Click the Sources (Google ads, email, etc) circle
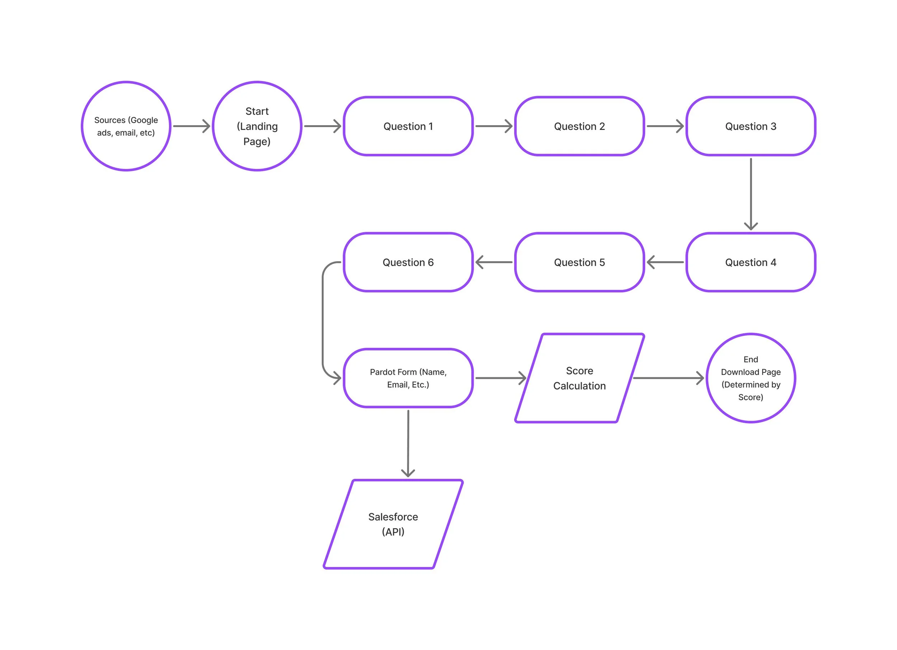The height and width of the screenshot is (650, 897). pyautogui.click(x=126, y=126)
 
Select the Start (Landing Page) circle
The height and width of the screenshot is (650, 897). pyautogui.click(x=257, y=126)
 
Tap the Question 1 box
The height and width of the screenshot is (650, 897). pyautogui.click(x=408, y=126)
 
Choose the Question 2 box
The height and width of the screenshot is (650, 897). pyautogui.click(x=579, y=126)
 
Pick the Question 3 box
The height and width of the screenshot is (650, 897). pyautogui.click(x=751, y=126)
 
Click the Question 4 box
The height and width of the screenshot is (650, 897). pyautogui.click(x=751, y=262)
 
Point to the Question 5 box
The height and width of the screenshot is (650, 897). pyautogui.click(x=579, y=262)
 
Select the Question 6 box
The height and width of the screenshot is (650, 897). pyautogui.click(x=408, y=262)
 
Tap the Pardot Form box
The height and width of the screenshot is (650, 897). pyautogui.click(x=408, y=378)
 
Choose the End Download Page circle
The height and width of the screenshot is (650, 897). pyautogui.click(x=751, y=378)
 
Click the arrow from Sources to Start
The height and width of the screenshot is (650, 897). pyautogui.click(x=192, y=126)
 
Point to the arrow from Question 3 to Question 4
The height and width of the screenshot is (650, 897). pyautogui.click(x=751, y=194)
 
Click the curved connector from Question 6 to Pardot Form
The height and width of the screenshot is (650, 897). pyautogui.click(x=323, y=320)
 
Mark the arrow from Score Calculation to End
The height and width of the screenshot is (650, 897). pyautogui.click(x=668, y=378)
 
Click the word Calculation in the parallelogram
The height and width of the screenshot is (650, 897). pyautogui.click(x=579, y=386)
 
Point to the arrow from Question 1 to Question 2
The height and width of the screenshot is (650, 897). pyautogui.click(x=494, y=126)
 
